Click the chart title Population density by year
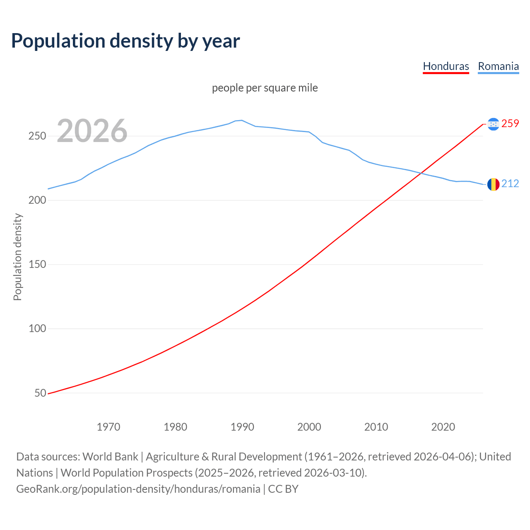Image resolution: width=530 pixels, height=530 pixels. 125,41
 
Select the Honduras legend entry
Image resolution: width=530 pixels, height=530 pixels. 446,66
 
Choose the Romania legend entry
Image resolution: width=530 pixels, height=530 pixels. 498,66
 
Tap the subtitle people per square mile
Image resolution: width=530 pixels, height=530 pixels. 265,88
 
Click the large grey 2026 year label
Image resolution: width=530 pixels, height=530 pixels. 92,131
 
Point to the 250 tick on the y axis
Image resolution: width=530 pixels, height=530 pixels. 37,136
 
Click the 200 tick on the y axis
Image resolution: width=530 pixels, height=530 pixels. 37,200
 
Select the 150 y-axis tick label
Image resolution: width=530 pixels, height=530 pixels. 37,265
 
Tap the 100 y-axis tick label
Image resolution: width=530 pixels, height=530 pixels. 37,329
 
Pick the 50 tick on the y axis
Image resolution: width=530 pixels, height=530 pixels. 40,393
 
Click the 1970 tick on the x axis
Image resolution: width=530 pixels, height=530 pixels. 108,427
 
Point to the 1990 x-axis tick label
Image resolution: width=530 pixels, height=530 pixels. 242,427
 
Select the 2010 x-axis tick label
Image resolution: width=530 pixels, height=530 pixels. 376,427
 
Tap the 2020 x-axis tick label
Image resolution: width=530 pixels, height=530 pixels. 443,427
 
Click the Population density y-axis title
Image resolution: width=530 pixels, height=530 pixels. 17,257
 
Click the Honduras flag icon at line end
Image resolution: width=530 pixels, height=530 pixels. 493,124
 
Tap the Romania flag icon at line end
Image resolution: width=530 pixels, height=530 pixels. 493,184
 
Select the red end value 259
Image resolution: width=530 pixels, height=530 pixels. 510,123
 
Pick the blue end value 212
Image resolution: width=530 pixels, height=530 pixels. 510,183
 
